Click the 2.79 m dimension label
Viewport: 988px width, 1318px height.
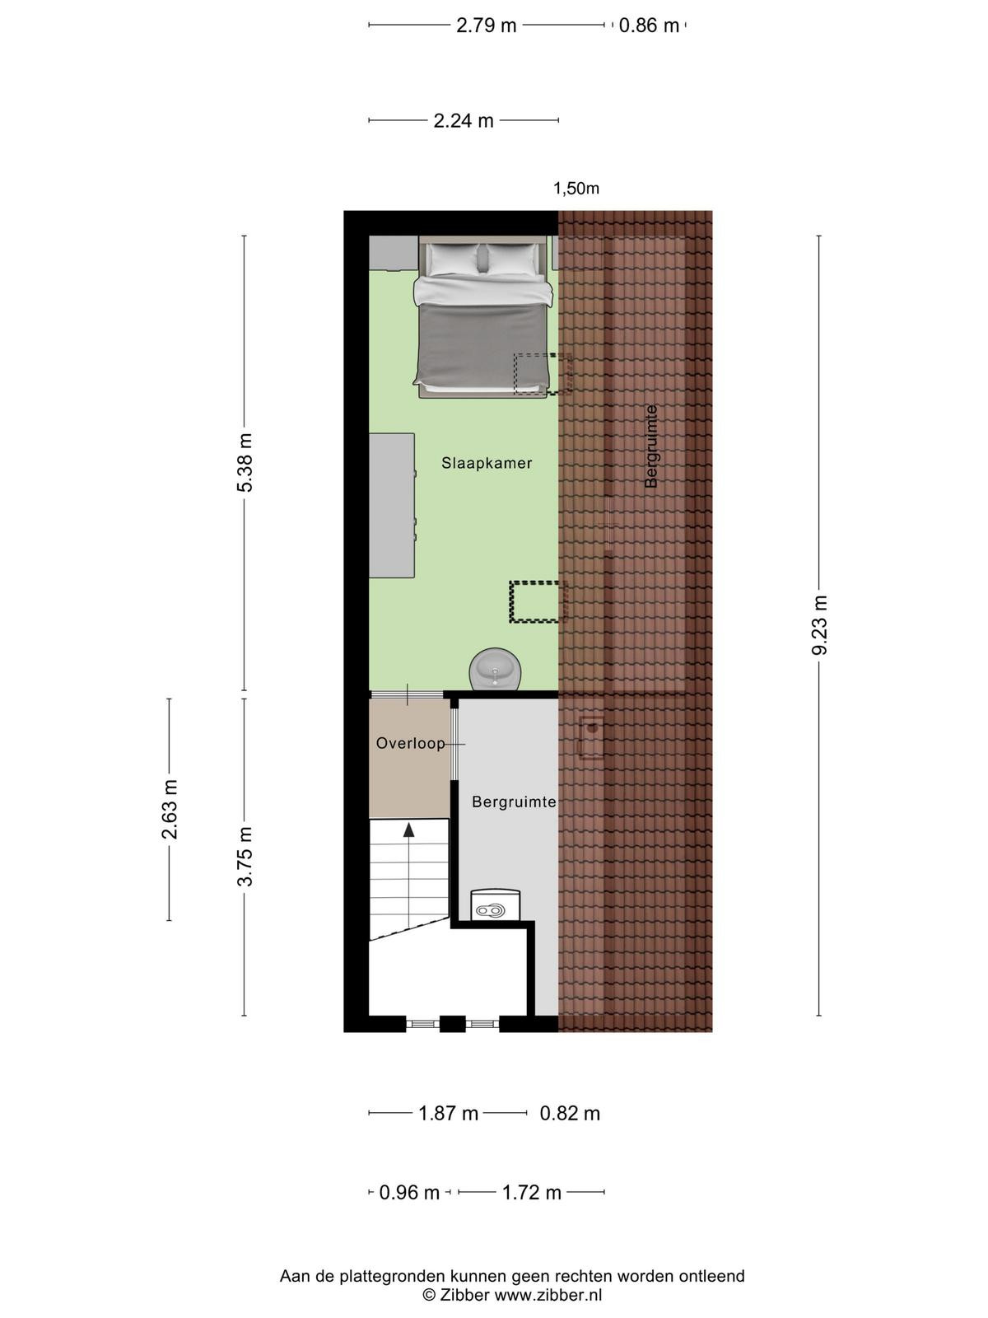(486, 26)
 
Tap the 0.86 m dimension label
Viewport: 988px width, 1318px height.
(649, 26)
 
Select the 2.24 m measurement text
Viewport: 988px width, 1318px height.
(463, 121)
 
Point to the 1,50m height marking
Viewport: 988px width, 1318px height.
(576, 189)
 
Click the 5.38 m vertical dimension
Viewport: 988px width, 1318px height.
(245, 462)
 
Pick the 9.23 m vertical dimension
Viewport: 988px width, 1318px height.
(819, 625)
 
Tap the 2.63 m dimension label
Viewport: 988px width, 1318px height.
(170, 810)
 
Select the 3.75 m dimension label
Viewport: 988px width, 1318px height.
(245, 857)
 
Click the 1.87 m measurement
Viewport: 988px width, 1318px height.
(448, 1114)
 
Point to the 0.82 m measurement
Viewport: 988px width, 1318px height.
(570, 1114)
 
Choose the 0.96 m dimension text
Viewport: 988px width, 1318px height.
(410, 1193)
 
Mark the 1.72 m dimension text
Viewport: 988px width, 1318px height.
(532, 1193)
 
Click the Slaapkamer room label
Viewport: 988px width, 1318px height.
(487, 463)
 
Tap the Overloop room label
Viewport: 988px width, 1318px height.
(410, 743)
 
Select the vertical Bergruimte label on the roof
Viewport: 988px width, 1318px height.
(651, 446)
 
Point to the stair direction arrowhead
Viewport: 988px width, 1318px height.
(409, 830)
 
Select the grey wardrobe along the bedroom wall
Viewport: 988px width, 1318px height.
(391, 506)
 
